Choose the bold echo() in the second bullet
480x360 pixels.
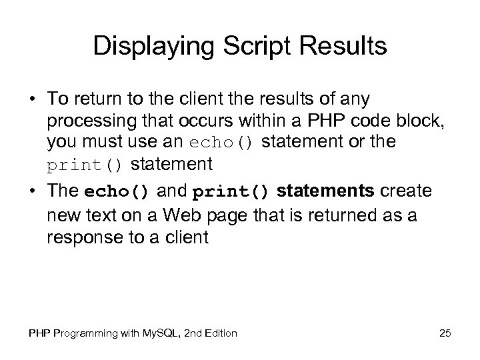[117, 192]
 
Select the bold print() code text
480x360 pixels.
[231, 192]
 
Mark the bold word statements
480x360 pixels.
[325, 192]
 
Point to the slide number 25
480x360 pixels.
[445, 333]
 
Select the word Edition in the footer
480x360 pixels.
[219, 333]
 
